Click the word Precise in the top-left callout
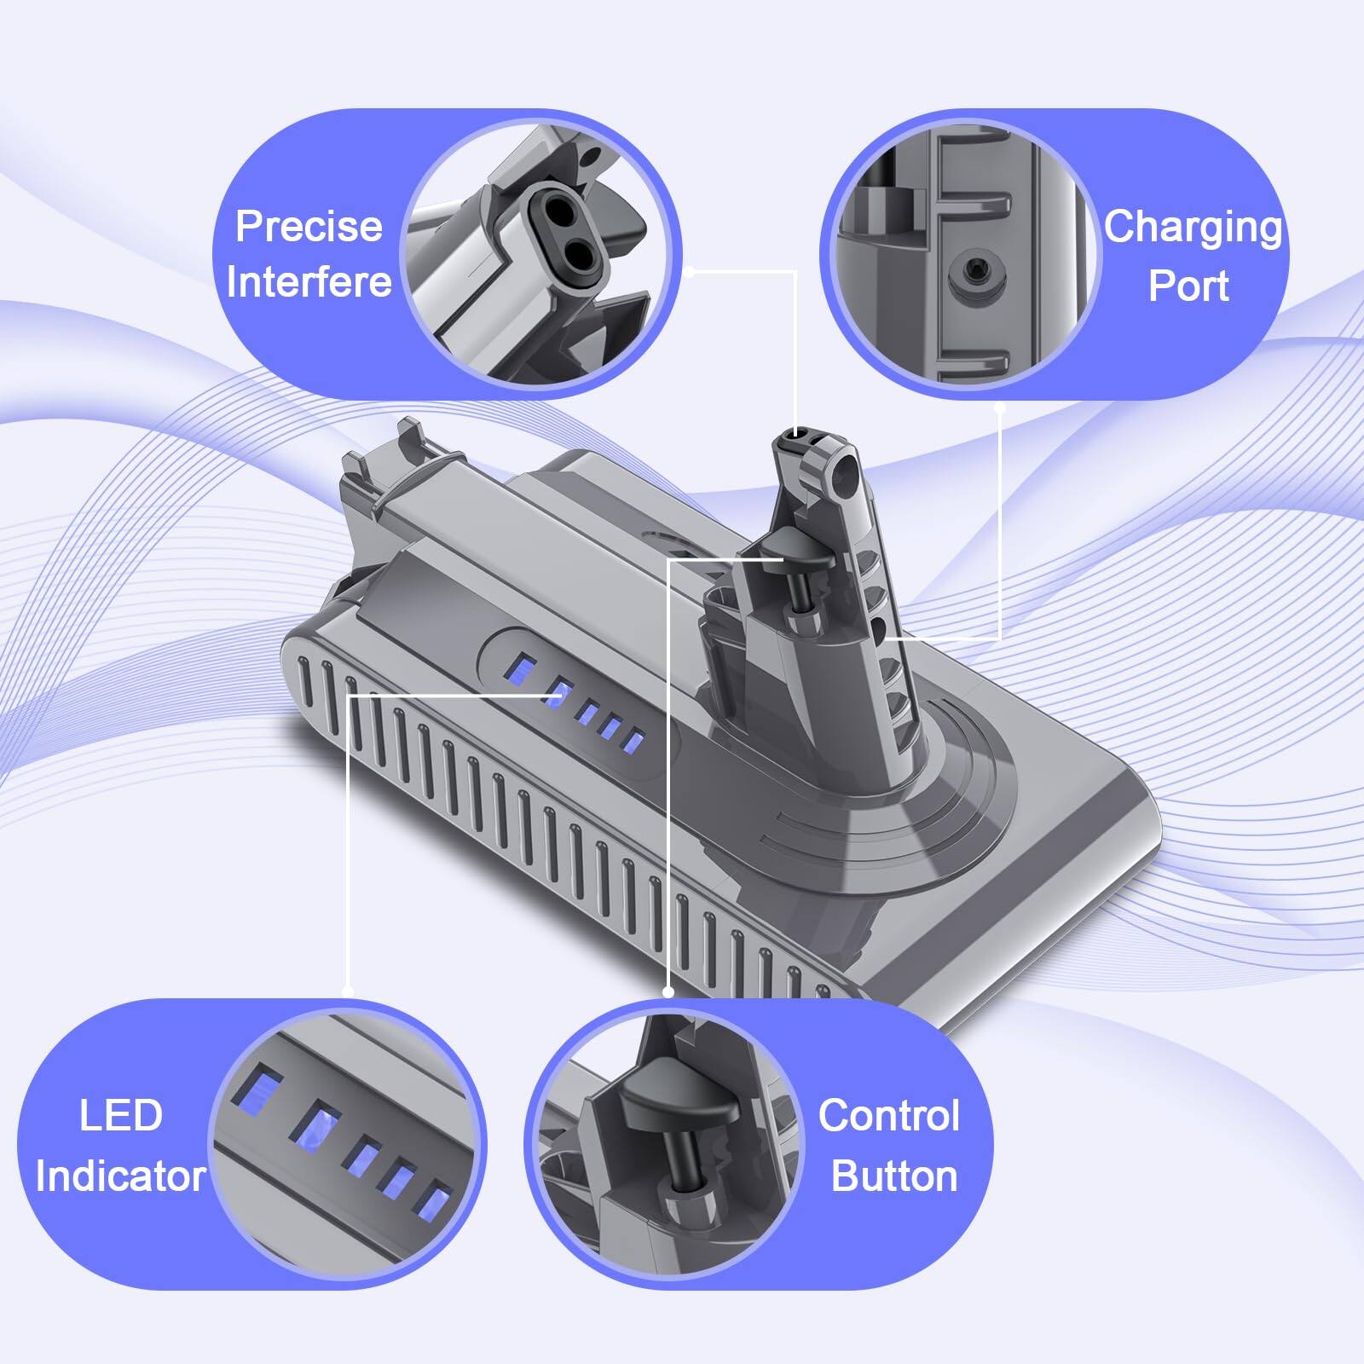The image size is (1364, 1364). [x=309, y=227]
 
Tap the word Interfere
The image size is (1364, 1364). [x=309, y=282]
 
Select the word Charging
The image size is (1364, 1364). [x=1193, y=228]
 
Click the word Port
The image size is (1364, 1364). [x=1188, y=286]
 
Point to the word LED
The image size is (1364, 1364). [x=120, y=1116]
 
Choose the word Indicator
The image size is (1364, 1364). [x=120, y=1176]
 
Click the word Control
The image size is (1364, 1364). [x=889, y=1116]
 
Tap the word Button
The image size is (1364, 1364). [x=894, y=1176]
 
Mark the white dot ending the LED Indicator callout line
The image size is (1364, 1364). [x=348, y=991]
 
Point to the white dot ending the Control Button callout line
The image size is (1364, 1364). [x=668, y=991]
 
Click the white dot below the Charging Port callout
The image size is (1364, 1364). [x=1000, y=407]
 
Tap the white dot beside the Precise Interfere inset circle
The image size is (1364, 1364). [x=689, y=272]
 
